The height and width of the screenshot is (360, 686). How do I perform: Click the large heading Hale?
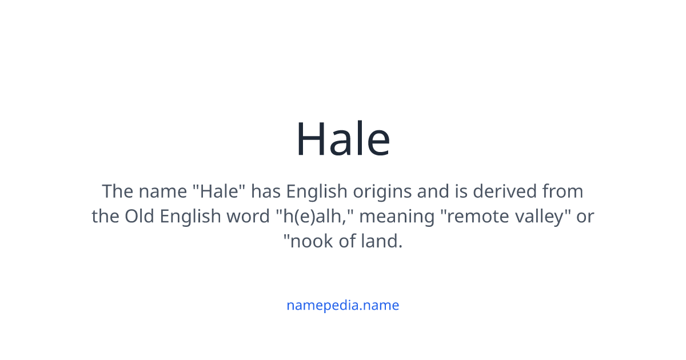pos(343,139)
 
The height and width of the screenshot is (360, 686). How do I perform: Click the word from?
pos(563,191)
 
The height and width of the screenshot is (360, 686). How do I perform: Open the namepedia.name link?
pos(343,305)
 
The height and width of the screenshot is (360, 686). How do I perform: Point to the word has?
pos(266,191)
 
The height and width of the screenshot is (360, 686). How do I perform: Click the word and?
pos(433,191)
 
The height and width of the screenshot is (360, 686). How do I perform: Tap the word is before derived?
pos(464,191)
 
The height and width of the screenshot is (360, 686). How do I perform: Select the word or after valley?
pos(585,217)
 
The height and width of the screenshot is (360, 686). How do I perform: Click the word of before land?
pos(346,242)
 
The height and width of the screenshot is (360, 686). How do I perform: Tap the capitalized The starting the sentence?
pos(117,191)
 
